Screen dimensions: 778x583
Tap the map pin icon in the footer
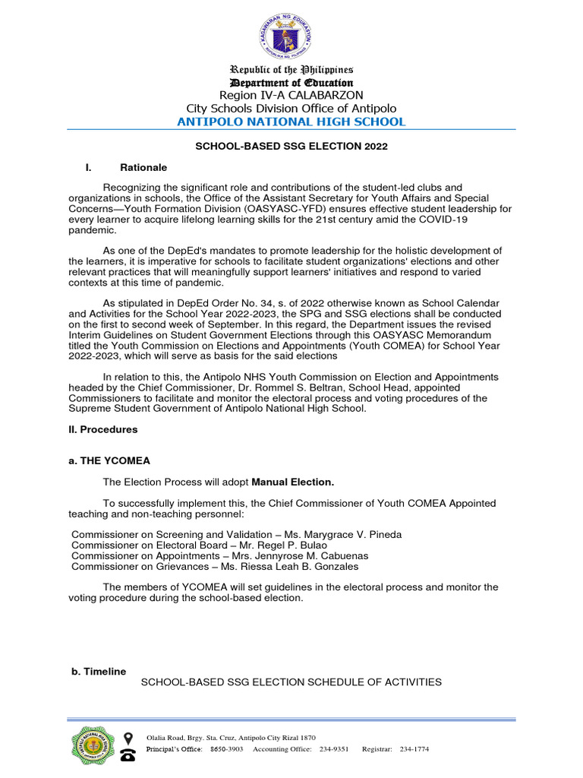[128, 738]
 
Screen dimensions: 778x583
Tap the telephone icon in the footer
[128, 754]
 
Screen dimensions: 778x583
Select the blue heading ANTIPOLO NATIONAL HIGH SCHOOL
[291, 122]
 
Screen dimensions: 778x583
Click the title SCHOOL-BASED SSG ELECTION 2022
[291, 147]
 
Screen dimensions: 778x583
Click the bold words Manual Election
[293, 482]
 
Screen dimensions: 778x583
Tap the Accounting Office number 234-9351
[333, 749]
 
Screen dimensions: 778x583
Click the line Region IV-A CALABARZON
[291, 95]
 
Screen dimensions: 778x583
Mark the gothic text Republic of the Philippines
[291, 70]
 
